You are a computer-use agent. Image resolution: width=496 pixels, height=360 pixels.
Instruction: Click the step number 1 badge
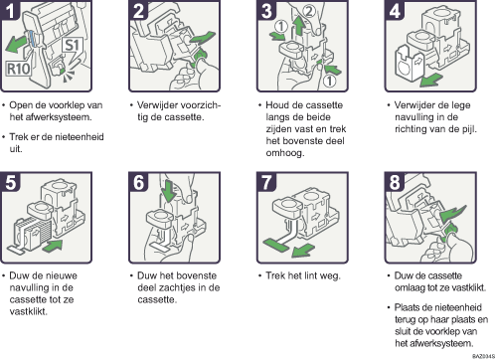coord(11,10)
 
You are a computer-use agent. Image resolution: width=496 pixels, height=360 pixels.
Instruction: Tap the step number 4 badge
coord(395,10)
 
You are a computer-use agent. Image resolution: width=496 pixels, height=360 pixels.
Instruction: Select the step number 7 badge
coord(266,182)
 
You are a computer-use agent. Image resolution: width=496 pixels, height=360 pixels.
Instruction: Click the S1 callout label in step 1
coord(72,47)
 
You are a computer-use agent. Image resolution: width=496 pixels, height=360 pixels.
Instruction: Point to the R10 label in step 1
coord(19,69)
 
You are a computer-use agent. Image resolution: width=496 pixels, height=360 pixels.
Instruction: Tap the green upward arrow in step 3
coord(299,26)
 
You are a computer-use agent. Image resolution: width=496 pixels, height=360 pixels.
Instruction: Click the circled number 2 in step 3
coord(308,11)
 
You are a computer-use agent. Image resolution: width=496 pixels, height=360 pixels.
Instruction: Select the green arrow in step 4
coord(430,80)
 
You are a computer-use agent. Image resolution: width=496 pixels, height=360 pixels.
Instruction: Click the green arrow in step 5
coord(52,246)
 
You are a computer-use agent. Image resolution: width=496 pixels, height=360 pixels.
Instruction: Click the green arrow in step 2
coord(202,38)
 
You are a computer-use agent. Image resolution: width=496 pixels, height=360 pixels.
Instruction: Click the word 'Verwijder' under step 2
coord(157,105)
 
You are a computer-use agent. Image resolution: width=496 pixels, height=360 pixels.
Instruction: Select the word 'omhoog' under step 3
coord(285,153)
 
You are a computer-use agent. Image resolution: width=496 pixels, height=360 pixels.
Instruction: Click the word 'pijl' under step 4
coord(470,129)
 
